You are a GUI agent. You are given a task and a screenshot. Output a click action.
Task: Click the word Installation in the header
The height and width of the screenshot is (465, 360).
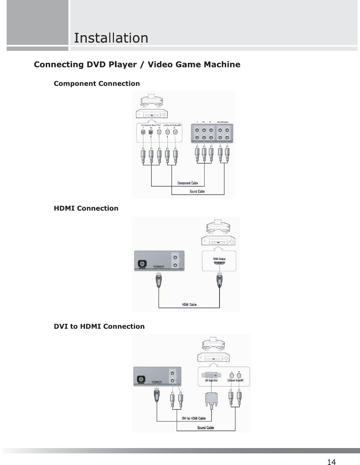111,38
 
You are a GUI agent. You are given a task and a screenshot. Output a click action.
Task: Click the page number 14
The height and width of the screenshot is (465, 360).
331,462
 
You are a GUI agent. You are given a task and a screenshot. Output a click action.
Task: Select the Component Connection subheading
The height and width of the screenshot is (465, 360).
97,83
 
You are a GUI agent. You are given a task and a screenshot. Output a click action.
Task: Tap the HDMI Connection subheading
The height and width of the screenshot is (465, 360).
86,208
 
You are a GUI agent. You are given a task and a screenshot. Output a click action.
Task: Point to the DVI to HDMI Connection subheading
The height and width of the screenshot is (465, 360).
99,326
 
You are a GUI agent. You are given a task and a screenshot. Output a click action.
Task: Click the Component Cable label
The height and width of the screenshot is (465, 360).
188,183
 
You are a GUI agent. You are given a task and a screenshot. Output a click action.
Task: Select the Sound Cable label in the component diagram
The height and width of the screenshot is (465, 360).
197,191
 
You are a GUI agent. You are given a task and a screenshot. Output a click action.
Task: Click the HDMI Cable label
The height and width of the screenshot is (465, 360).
189,304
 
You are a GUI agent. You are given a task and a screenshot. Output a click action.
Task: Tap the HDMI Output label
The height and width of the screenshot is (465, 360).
219,259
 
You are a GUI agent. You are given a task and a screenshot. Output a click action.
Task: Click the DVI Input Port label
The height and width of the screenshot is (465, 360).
211,380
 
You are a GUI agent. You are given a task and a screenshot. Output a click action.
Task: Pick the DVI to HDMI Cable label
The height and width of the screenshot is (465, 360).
194,418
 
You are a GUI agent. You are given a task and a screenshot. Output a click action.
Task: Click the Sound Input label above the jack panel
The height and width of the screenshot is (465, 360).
223,122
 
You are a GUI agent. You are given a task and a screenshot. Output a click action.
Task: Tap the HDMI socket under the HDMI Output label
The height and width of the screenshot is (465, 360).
219,263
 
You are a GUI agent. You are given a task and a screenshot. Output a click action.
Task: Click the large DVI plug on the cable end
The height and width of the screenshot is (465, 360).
212,399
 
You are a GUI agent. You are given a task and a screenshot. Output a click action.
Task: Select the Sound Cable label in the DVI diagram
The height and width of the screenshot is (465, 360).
206,428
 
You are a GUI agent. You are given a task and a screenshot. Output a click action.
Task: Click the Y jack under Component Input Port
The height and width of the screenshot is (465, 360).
143,132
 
